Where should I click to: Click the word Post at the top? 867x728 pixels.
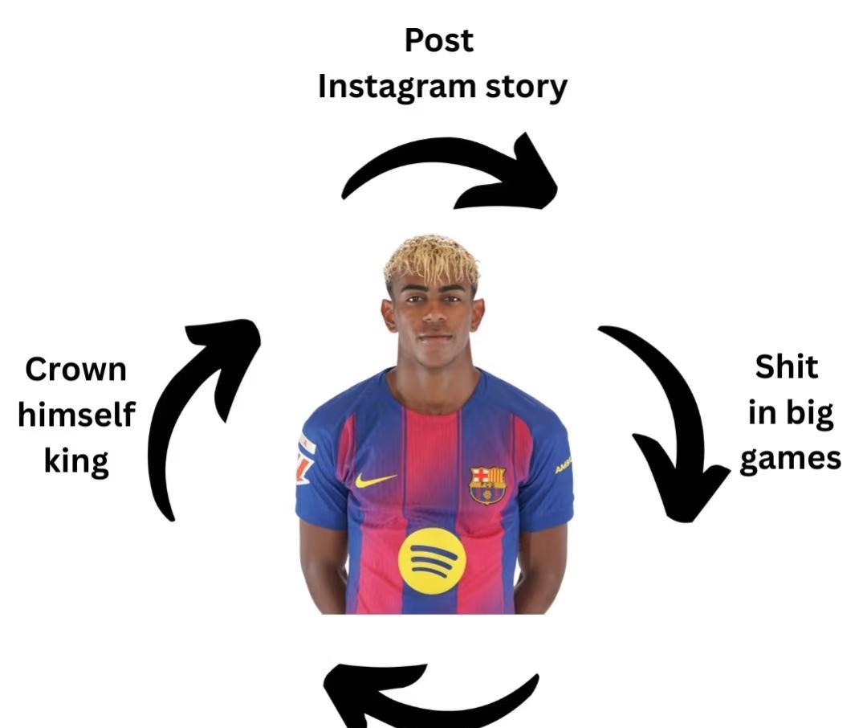click(439, 40)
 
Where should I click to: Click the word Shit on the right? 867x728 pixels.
click(787, 367)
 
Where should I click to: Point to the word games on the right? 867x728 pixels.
click(790, 459)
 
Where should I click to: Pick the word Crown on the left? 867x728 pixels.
click(75, 370)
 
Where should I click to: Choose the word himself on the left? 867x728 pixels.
click(76, 415)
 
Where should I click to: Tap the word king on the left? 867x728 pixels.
click(76, 461)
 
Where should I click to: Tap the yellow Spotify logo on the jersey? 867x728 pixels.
click(432, 561)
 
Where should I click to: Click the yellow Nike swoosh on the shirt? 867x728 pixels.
click(375, 481)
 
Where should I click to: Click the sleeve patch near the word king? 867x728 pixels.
click(306, 458)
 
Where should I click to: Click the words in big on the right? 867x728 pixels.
click(791, 413)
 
